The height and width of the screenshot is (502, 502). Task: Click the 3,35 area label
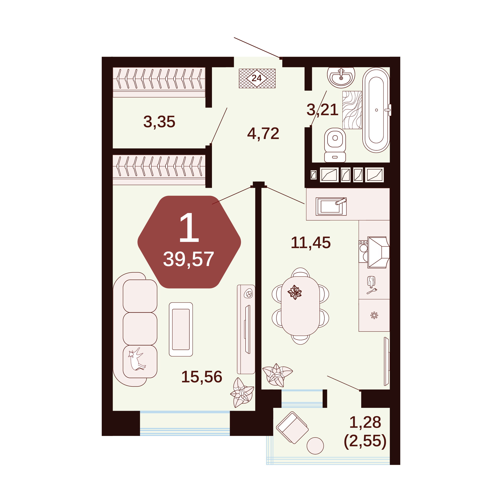[x=159, y=122]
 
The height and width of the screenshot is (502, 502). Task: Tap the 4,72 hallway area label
[x=263, y=134]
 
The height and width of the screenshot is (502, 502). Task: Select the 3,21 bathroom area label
[x=322, y=110]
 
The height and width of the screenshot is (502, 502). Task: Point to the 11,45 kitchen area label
[x=311, y=243]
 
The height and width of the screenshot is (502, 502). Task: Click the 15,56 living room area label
[x=202, y=377]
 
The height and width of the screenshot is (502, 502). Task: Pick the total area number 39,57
[x=188, y=259]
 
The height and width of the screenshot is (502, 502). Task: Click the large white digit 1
[x=189, y=227]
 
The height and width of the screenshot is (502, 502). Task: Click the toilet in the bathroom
[x=335, y=145]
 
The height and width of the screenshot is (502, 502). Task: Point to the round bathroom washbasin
[x=341, y=77]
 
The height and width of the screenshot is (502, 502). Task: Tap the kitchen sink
[x=331, y=206]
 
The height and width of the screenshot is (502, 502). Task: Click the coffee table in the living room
[x=181, y=329]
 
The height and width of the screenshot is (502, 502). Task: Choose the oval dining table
[x=300, y=306]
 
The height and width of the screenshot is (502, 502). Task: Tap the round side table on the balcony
[x=315, y=446]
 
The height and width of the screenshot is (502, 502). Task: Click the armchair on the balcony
[x=292, y=428]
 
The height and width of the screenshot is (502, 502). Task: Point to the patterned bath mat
[x=352, y=110]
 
